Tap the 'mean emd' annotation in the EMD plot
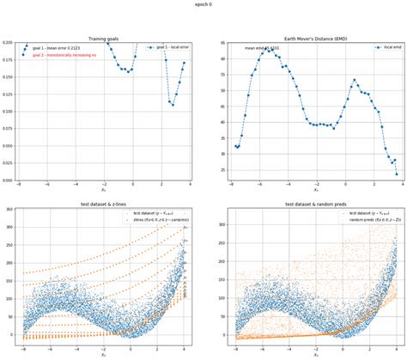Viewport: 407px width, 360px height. [258, 49]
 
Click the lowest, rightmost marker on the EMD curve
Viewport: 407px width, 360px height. [397, 174]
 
